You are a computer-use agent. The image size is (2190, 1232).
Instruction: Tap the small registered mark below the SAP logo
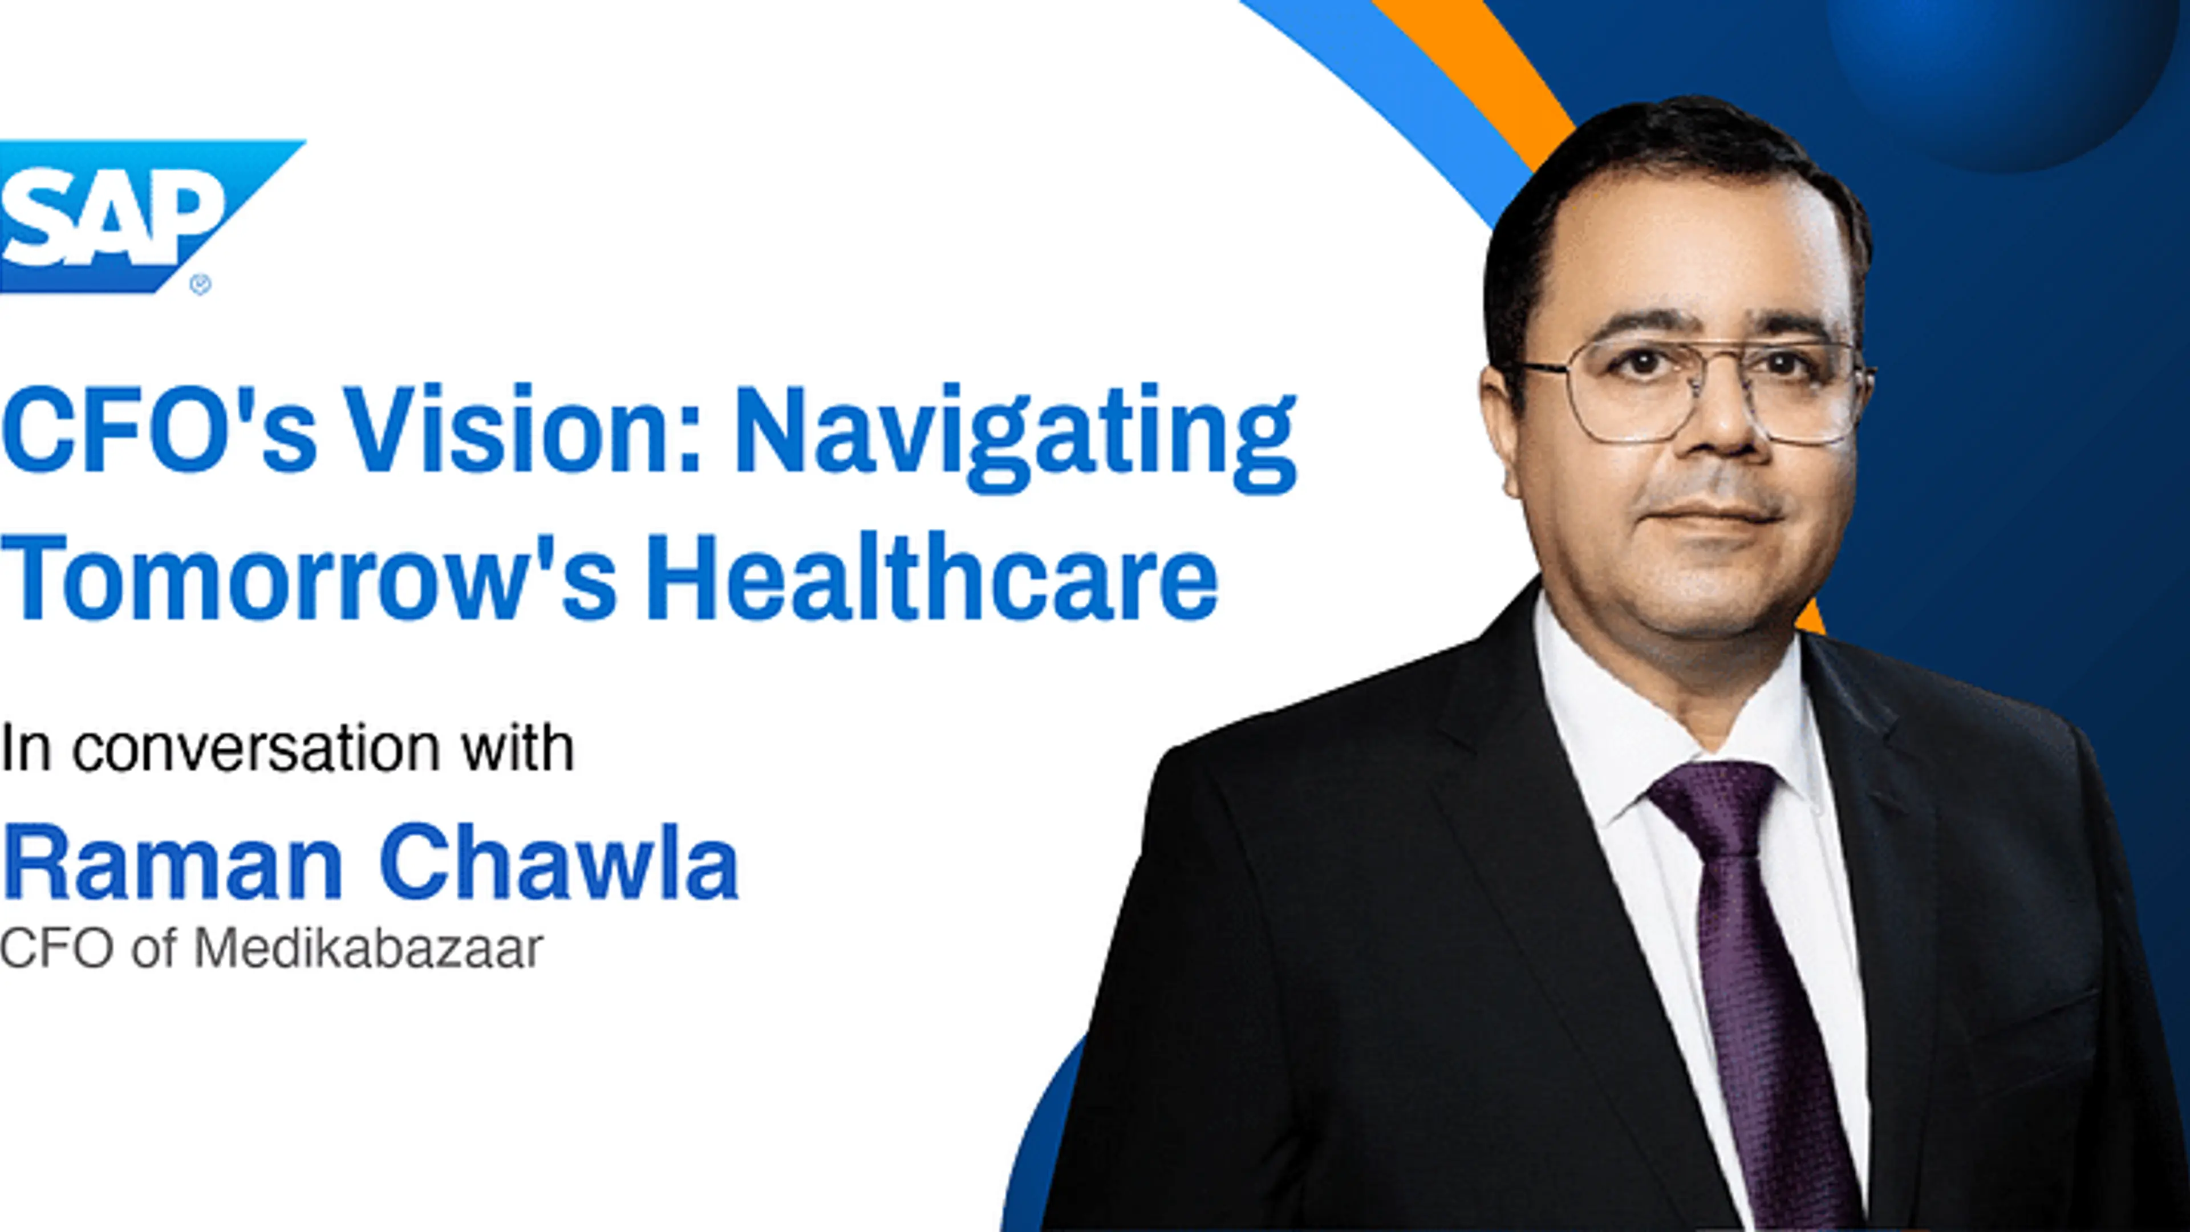point(201,285)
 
